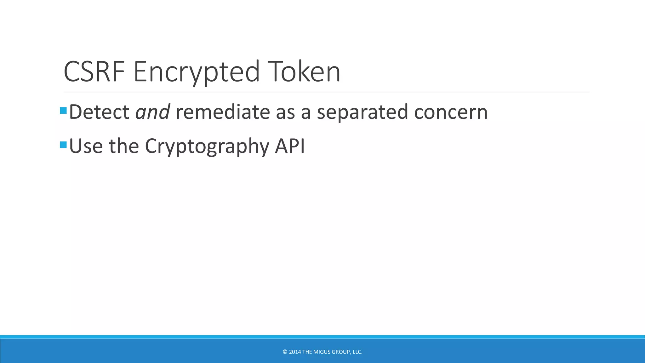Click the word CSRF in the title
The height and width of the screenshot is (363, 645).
[94, 72]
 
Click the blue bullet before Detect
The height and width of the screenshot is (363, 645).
[63, 111]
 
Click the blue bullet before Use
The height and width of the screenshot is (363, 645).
[63, 145]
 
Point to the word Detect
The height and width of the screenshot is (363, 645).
[99, 112]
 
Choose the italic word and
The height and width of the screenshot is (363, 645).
[152, 112]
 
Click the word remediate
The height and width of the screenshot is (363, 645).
[223, 112]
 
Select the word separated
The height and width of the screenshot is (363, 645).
[362, 112]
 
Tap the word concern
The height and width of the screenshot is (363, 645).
[451, 112]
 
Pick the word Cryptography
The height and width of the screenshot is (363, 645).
[207, 147]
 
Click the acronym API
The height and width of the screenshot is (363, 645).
[290, 146]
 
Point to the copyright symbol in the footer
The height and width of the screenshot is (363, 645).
[285, 352]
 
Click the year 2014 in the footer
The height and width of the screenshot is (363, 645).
[295, 352]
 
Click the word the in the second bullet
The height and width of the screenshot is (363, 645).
[124, 146]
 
